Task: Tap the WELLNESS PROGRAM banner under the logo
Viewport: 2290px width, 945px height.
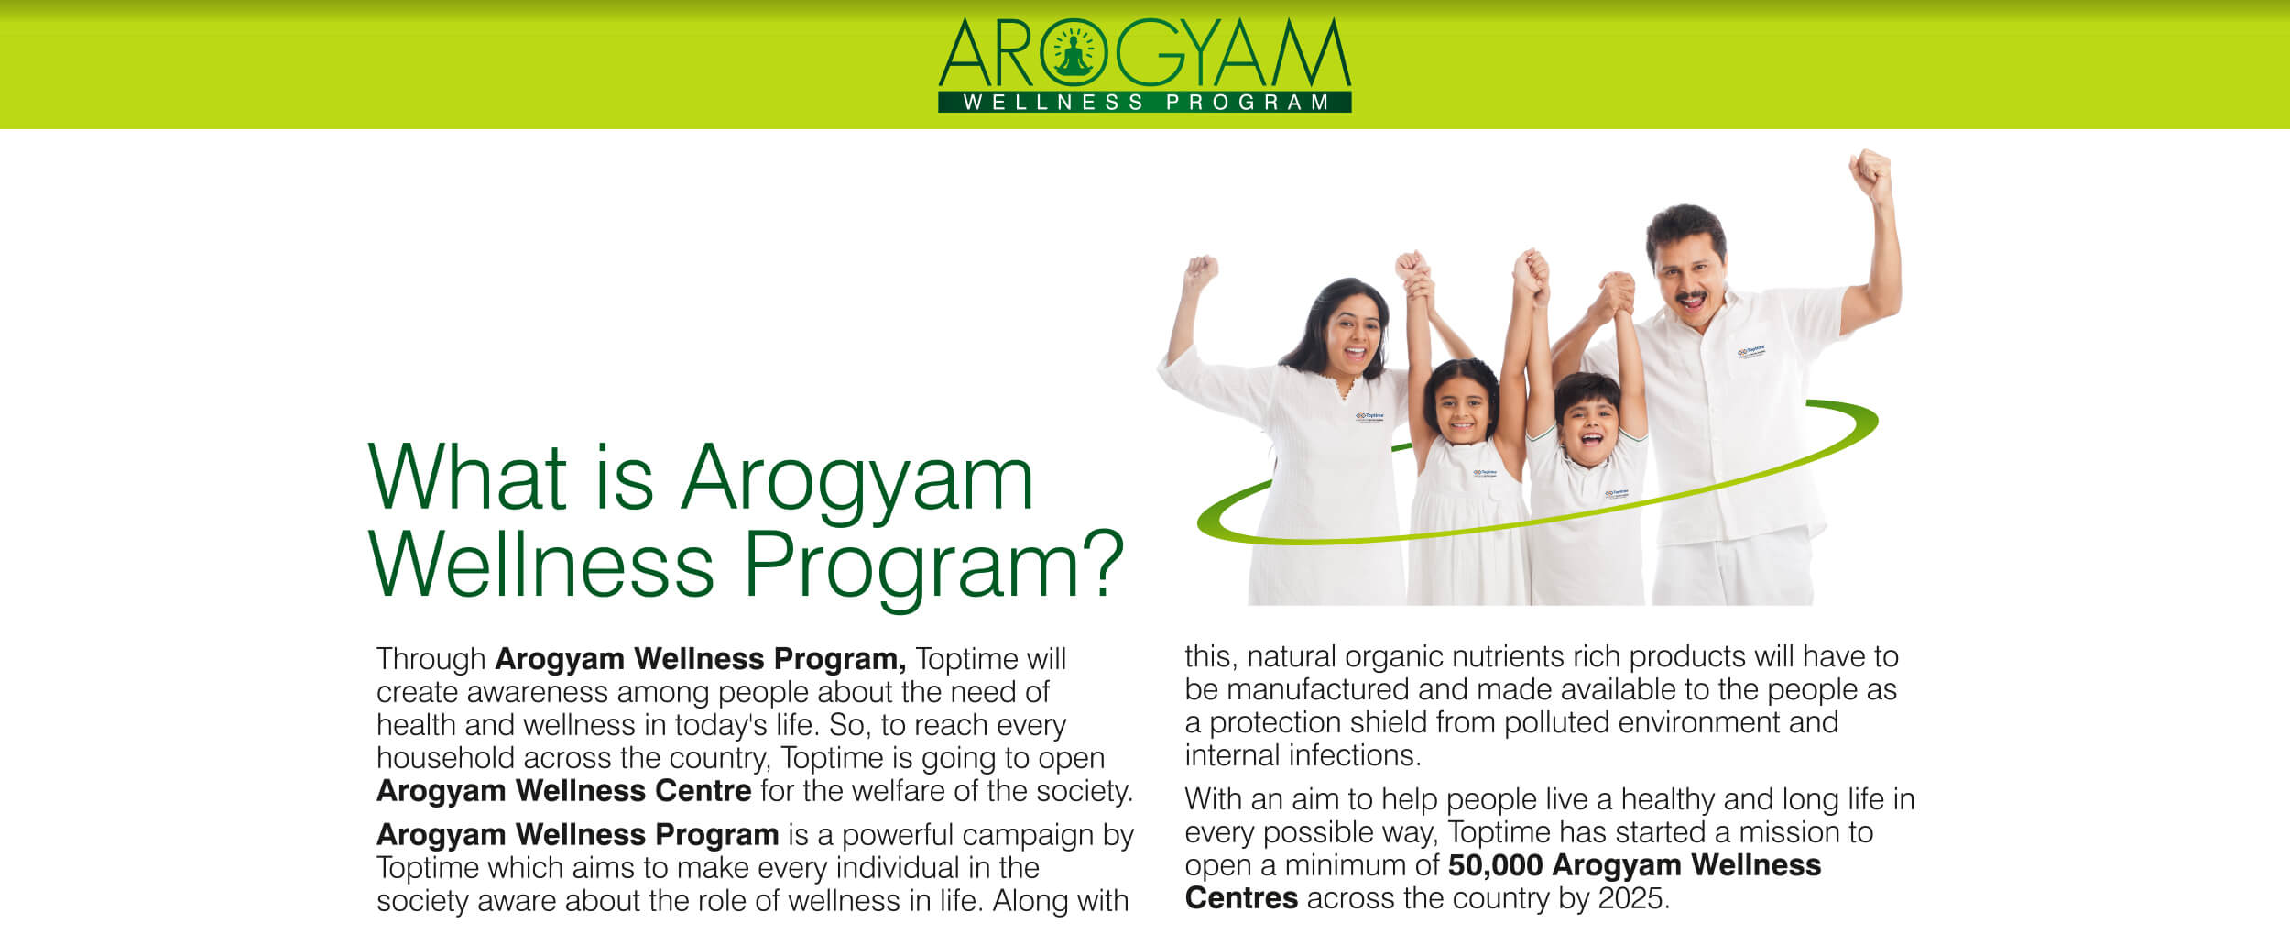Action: (x=1145, y=102)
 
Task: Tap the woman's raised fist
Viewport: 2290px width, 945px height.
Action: (x=1201, y=271)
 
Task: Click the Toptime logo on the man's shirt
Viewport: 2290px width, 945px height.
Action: (x=1750, y=352)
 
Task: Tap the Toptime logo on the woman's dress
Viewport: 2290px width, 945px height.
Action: (x=1369, y=418)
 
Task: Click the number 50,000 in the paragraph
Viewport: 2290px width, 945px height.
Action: (x=1496, y=865)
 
